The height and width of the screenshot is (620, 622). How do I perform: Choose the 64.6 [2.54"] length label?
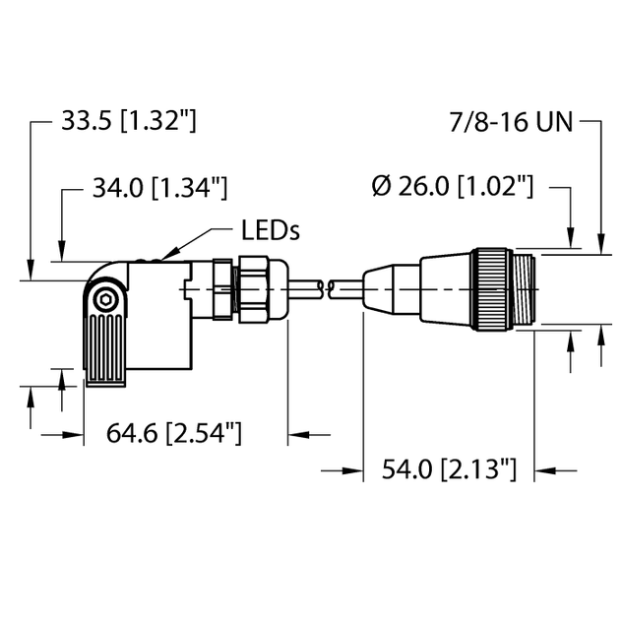coord(173,433)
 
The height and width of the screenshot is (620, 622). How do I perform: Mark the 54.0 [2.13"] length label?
coord(449,469)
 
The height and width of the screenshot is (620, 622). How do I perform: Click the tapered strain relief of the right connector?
coord(392,287)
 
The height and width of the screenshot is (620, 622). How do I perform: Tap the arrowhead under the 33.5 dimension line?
coord(31,276)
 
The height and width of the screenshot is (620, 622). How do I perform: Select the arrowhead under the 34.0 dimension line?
coord(62,256)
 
